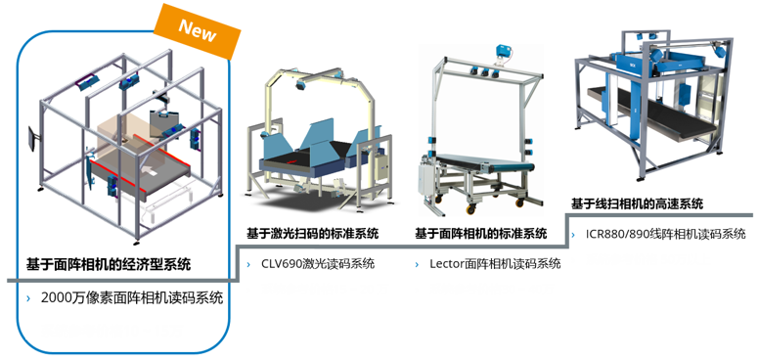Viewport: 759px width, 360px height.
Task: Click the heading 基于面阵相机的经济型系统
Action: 109,264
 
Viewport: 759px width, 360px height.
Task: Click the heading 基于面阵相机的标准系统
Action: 480,234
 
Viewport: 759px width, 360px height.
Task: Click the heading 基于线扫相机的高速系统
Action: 637,204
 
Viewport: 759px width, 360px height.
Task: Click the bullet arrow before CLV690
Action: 250,263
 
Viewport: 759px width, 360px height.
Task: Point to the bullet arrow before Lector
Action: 419,263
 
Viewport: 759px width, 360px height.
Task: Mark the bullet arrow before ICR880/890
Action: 575,234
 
